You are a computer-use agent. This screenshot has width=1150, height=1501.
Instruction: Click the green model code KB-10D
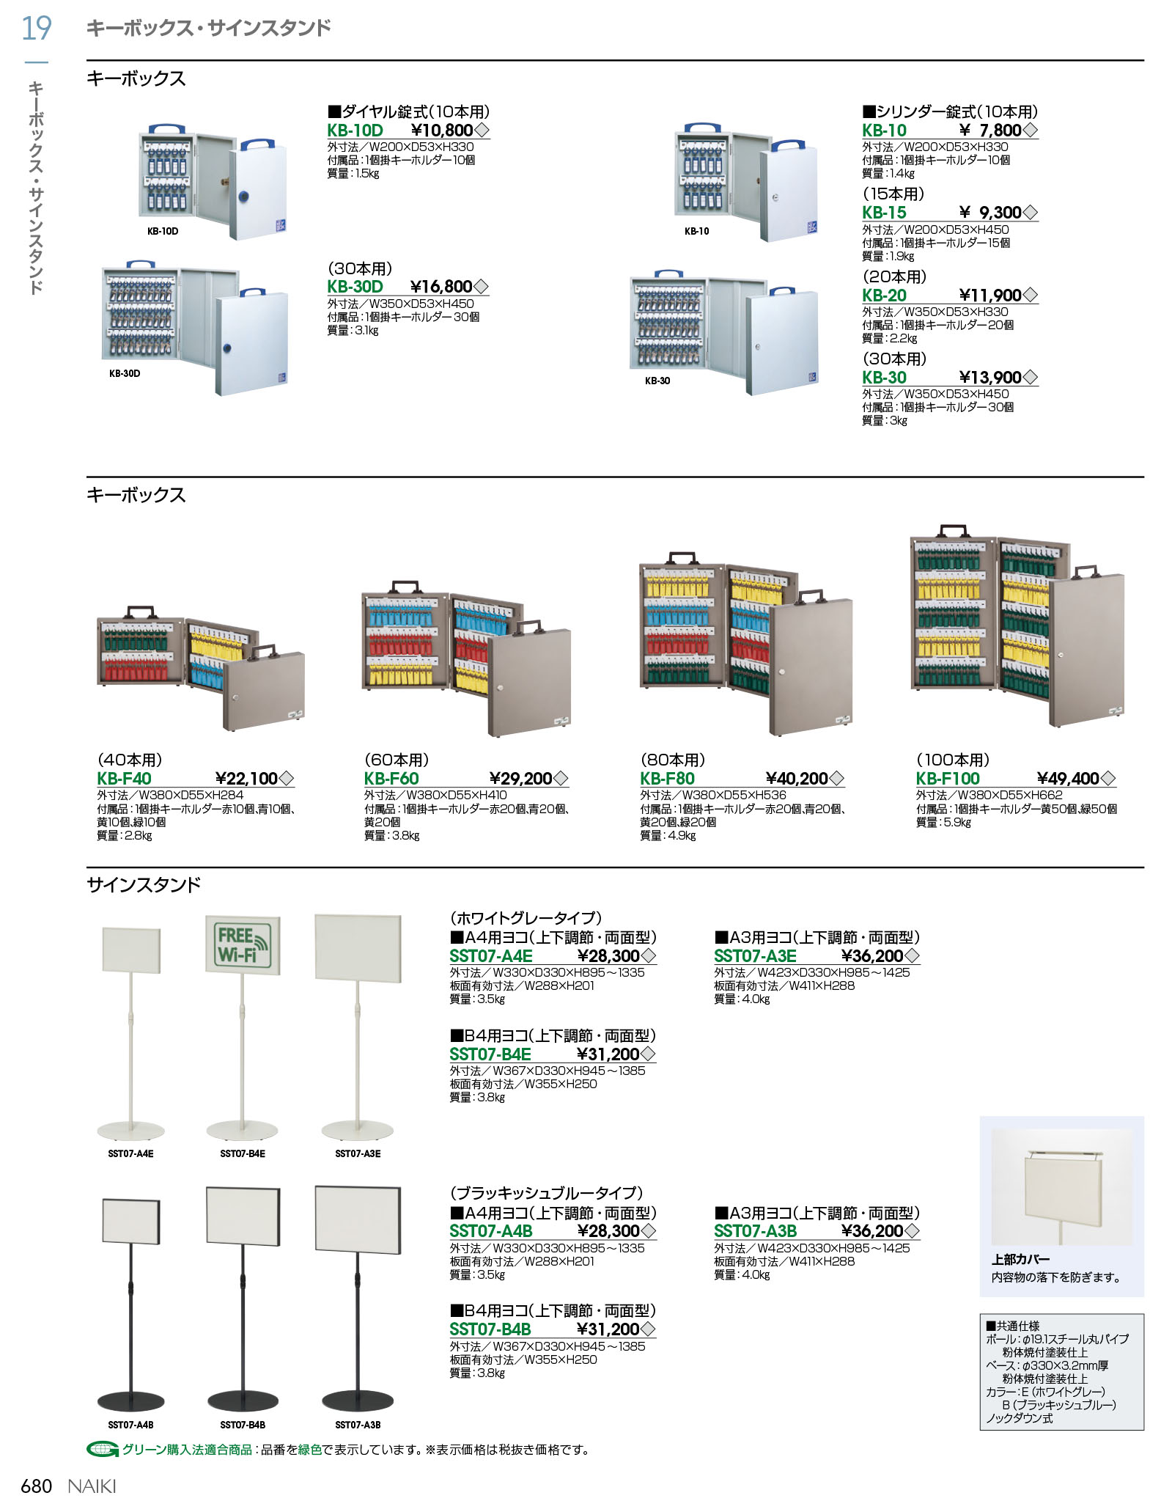(355, 131)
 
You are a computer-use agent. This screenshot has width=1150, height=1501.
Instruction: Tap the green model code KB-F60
(391, 779)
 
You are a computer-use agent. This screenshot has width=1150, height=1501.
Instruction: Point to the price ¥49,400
(1068, 779)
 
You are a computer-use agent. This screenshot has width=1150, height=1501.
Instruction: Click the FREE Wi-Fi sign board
(243, 945)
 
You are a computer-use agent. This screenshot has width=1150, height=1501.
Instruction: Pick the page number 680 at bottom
(37, 1486)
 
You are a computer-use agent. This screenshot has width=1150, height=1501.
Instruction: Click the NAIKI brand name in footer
(92, 1486)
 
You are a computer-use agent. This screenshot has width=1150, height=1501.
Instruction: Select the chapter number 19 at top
(36, 29)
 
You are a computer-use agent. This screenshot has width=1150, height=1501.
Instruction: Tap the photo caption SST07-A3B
(358, 1425)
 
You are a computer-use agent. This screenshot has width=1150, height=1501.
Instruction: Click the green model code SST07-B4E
(490, 1054)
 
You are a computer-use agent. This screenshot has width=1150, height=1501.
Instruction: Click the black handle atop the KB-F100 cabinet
(953, 529)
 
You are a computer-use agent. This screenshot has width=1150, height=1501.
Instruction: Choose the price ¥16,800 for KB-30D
(441, 287)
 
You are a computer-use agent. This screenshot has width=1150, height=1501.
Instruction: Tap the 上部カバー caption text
(1020, 1259)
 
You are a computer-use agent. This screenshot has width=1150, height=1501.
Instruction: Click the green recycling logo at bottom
(102, 1450)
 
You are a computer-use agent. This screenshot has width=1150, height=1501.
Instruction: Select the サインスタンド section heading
(144, 885)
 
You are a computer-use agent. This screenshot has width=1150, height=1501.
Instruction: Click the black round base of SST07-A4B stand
(131, 1401)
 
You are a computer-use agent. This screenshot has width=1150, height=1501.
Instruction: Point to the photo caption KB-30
(657, 381)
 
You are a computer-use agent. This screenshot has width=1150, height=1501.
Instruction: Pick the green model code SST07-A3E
(755, 956)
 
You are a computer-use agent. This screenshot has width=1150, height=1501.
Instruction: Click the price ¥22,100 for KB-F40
(247, 779)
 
